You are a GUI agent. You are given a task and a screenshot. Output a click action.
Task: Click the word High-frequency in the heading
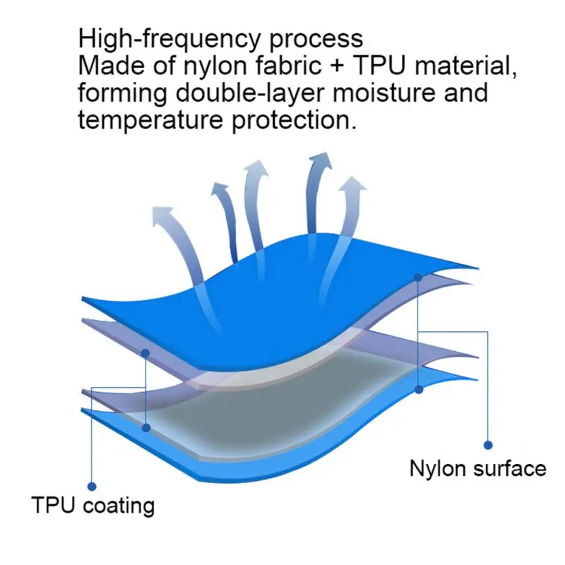pyautogui.click(x=169, y=39)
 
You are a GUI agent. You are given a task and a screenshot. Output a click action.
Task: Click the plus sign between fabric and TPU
pyautogui.click(x=337, y=66)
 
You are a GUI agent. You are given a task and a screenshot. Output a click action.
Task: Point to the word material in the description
pyautogui.click(x=465, y=66)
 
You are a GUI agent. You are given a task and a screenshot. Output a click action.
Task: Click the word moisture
pyautogui.click(x=384, y=93)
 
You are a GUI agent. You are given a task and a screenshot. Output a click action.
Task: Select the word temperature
pyautogui.click(x=150, y=121)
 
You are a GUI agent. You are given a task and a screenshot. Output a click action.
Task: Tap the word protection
pyautogui.click(x=294, y=121)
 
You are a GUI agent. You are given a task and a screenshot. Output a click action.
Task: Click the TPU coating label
pyautogui.click(x=93, y=505)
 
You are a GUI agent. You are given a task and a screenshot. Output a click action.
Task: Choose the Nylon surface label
pyautogui.click(x=478, y=469)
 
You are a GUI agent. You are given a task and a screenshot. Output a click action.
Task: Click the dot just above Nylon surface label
pyautogui.click(x=488, y=446)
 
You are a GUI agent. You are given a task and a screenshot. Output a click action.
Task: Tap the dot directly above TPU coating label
pyautogui.click(x=92, y=487)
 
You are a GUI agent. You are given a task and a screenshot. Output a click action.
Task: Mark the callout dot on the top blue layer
pyautogui.click(x=418, y=278)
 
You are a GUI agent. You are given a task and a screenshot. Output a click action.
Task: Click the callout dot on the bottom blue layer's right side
pyautogui.click(x=419, y=390)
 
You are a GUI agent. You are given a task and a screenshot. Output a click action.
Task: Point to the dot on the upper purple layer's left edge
pyautogui.click(x=145, y=354)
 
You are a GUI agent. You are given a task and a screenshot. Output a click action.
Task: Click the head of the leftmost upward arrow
pyautogui.click(x=162, y=215)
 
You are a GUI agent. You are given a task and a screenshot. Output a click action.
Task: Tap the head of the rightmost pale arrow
pyautogui.click(x=352, y=185)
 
